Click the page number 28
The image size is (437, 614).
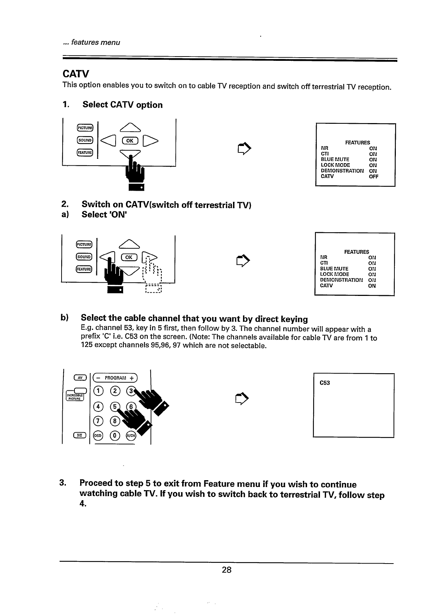coord(227,570)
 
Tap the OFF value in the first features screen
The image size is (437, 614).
coord(373,176)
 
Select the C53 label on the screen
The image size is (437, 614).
coord(325,383)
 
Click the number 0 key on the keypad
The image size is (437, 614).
coord(115,435)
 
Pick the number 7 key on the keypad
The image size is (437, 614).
coord(97,420)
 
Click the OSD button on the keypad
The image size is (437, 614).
coord(97,435)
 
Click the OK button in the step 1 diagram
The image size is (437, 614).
coord(129,141)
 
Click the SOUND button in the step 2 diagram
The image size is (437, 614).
coord(84,257)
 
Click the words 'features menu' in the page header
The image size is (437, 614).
coord(95,43)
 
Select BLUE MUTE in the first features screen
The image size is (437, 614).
coord(335,160)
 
